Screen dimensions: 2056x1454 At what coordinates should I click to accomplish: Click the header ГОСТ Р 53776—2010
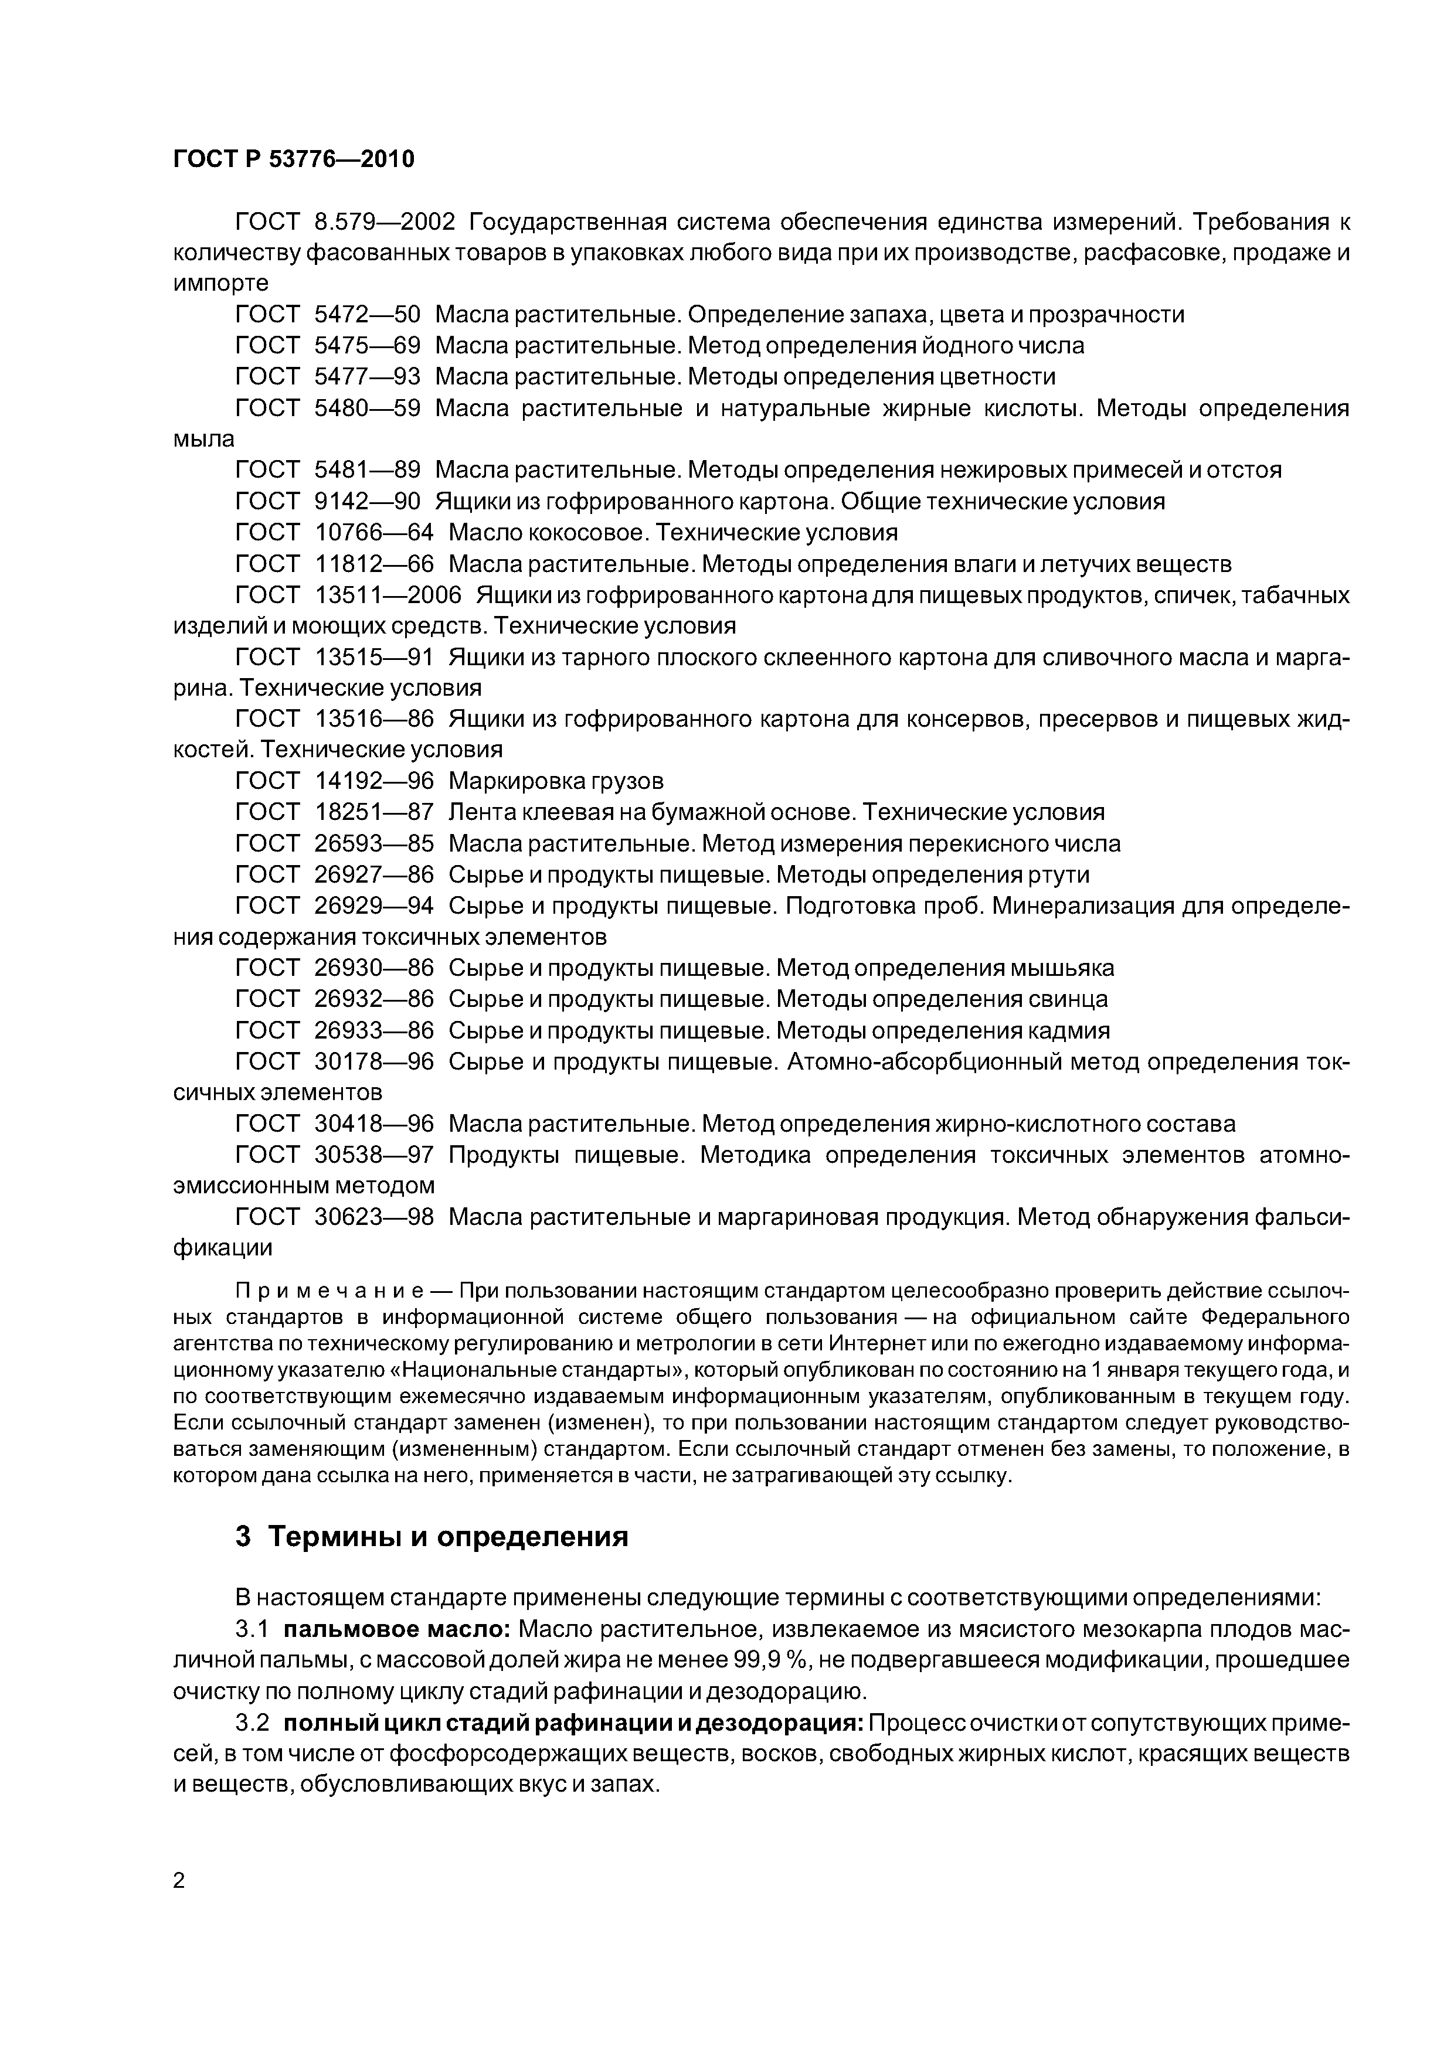(293, 159)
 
